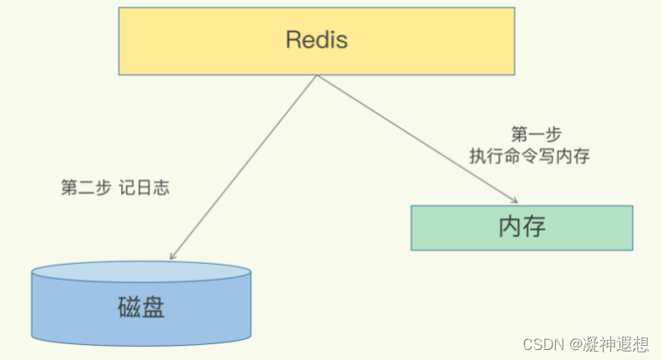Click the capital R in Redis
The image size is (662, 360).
(x=292, y=39)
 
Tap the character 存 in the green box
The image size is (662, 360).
(x=535, y=226)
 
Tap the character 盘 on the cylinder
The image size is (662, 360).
(x=154, y=308)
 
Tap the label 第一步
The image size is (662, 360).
(x=535, y=134)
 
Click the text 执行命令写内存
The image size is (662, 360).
(x=530, y=156)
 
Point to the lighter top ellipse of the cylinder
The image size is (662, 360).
(x=141, y=271)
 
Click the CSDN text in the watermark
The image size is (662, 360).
(x=541, y=344)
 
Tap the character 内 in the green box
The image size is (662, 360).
(x=509, y=226)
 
